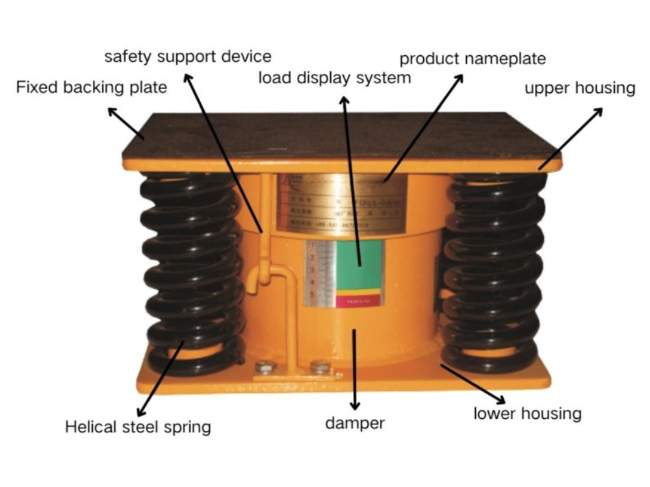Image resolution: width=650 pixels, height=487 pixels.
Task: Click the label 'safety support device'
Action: click(x=188, y=56)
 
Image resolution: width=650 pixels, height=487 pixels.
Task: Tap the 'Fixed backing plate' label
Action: click(x=92, y=87)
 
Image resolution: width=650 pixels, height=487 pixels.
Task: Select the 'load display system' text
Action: click(x=335, y=78)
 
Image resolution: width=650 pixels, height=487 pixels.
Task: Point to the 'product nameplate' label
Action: click(x=473, y=58)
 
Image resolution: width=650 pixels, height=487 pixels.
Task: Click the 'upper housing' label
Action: click(x=580, y=88)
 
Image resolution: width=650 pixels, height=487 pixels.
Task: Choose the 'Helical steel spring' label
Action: click(x=138, y=427)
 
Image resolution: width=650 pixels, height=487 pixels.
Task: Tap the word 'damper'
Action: click(x=355, y=423)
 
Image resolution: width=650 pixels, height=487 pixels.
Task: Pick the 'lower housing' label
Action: click(x=527, y=413)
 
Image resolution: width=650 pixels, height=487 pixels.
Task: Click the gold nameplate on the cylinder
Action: click(x=341, y=201)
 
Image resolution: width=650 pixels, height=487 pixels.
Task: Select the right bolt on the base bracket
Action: click(x=319, y=367)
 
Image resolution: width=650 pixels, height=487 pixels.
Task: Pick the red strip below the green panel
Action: click(x=358, y=301)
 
